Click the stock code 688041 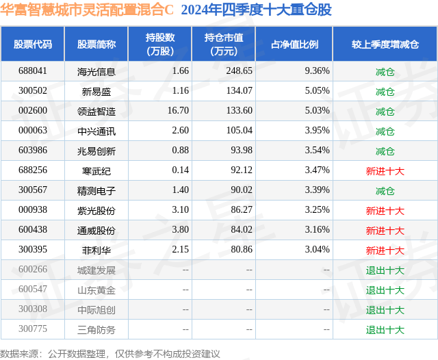coord(33,71)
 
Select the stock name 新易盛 coord(96,91)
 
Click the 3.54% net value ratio coord(317,151)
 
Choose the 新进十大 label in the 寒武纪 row coord(385,170)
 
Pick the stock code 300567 coord(33,190)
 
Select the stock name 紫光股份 coord(96,211)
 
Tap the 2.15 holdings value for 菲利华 coord(180,250)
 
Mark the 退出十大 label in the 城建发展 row coord(385,270)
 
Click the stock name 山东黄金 coord(96,290)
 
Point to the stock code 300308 coord(33,310)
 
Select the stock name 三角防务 coord(96,330)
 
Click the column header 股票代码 coord(33,44)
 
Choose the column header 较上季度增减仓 coord(385,44)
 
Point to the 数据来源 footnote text coord(110,353)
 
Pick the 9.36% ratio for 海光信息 coord(317,71)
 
